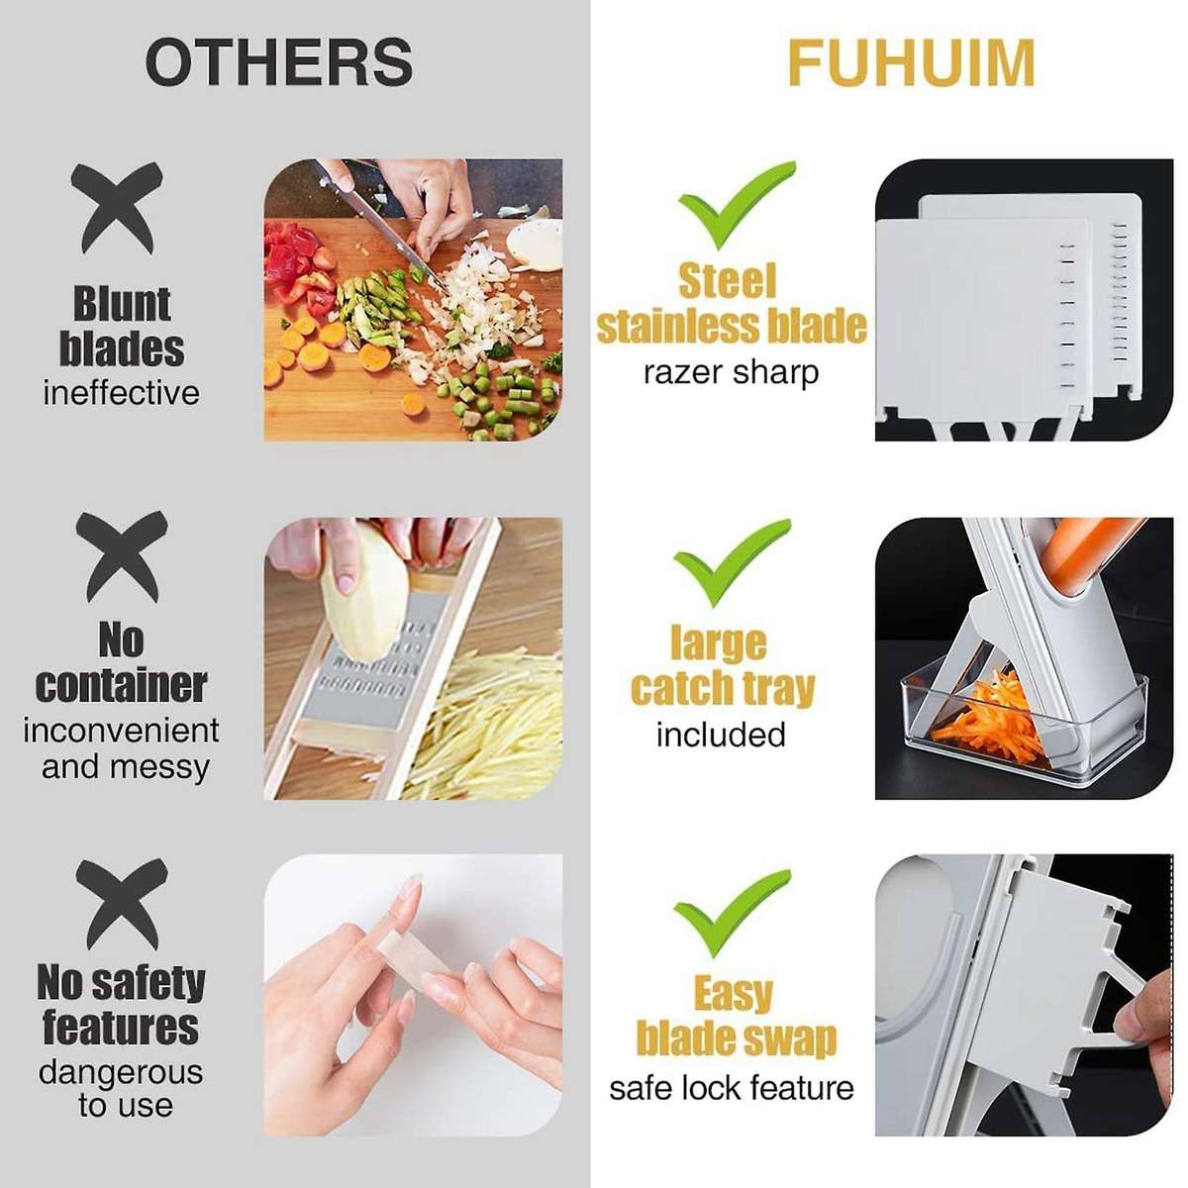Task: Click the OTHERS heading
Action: click(279, 62)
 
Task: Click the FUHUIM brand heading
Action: click(911, 62)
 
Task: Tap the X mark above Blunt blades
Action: click(118, 209)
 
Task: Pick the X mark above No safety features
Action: click(121, 903)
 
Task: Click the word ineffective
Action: click(121, 393)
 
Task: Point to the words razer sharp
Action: click(731, 373)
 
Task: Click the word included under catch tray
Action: click(721, 735)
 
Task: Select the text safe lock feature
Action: click(731, 1088)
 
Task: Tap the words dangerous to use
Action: click(121, 1088)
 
